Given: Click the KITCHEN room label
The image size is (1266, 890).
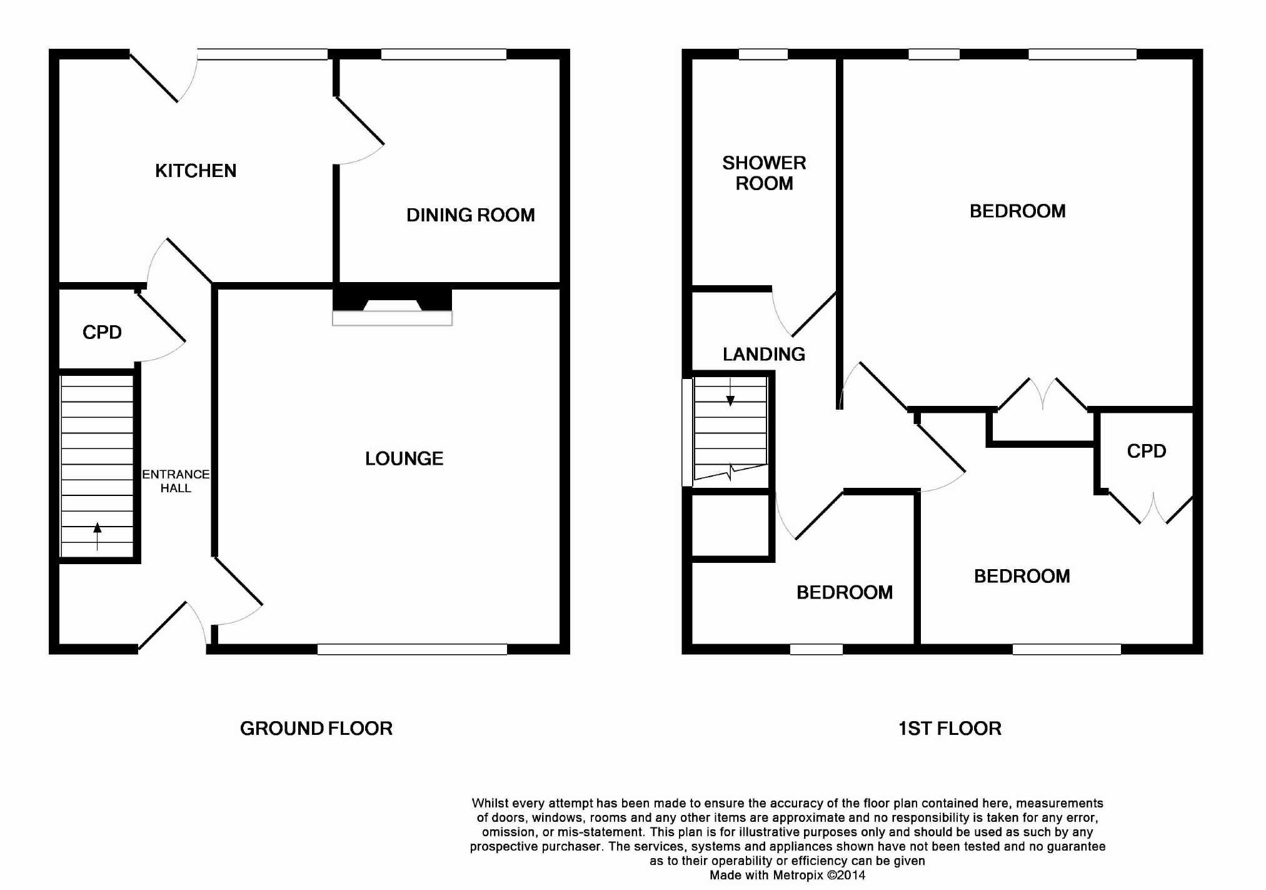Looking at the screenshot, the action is click(x=196, y=171).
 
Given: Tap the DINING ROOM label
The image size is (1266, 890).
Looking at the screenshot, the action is click(x=471, y=215).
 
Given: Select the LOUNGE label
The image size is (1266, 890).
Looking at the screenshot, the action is click(x=404, y=458).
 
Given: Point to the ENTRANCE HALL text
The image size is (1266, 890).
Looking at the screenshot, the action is click(x=176, y=481).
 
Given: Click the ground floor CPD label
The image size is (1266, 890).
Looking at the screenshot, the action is click(x=102, y=332).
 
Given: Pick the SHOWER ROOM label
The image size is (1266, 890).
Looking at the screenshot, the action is click(x=764, y=173).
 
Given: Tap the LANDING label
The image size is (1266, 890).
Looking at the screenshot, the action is click(x=764, y=354).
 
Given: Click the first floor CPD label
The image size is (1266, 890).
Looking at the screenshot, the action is click(x=1147, y=451).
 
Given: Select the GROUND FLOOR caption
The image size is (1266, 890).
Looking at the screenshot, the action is click(x=316, y=728).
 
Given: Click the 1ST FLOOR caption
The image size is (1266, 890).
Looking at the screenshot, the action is click(x=950, y=728).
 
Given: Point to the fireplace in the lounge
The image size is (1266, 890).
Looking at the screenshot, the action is click(x=392, y=307).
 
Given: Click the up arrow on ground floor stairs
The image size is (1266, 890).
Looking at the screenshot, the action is click(x=98, y=536).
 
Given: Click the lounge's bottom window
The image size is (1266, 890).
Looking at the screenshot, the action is click(x=412, y=649).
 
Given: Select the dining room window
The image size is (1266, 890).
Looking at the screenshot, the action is click(x=444, y=54).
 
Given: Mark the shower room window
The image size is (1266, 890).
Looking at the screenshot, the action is click(x=763, y=54).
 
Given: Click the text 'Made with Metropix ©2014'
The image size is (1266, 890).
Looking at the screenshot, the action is click(x=787, y=875).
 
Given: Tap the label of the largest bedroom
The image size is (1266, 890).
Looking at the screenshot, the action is click(x=1017, y=211).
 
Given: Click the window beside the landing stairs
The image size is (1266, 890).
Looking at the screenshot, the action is click(x=687, y=432).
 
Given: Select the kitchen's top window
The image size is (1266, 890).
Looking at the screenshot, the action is click(x=263, y=54).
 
